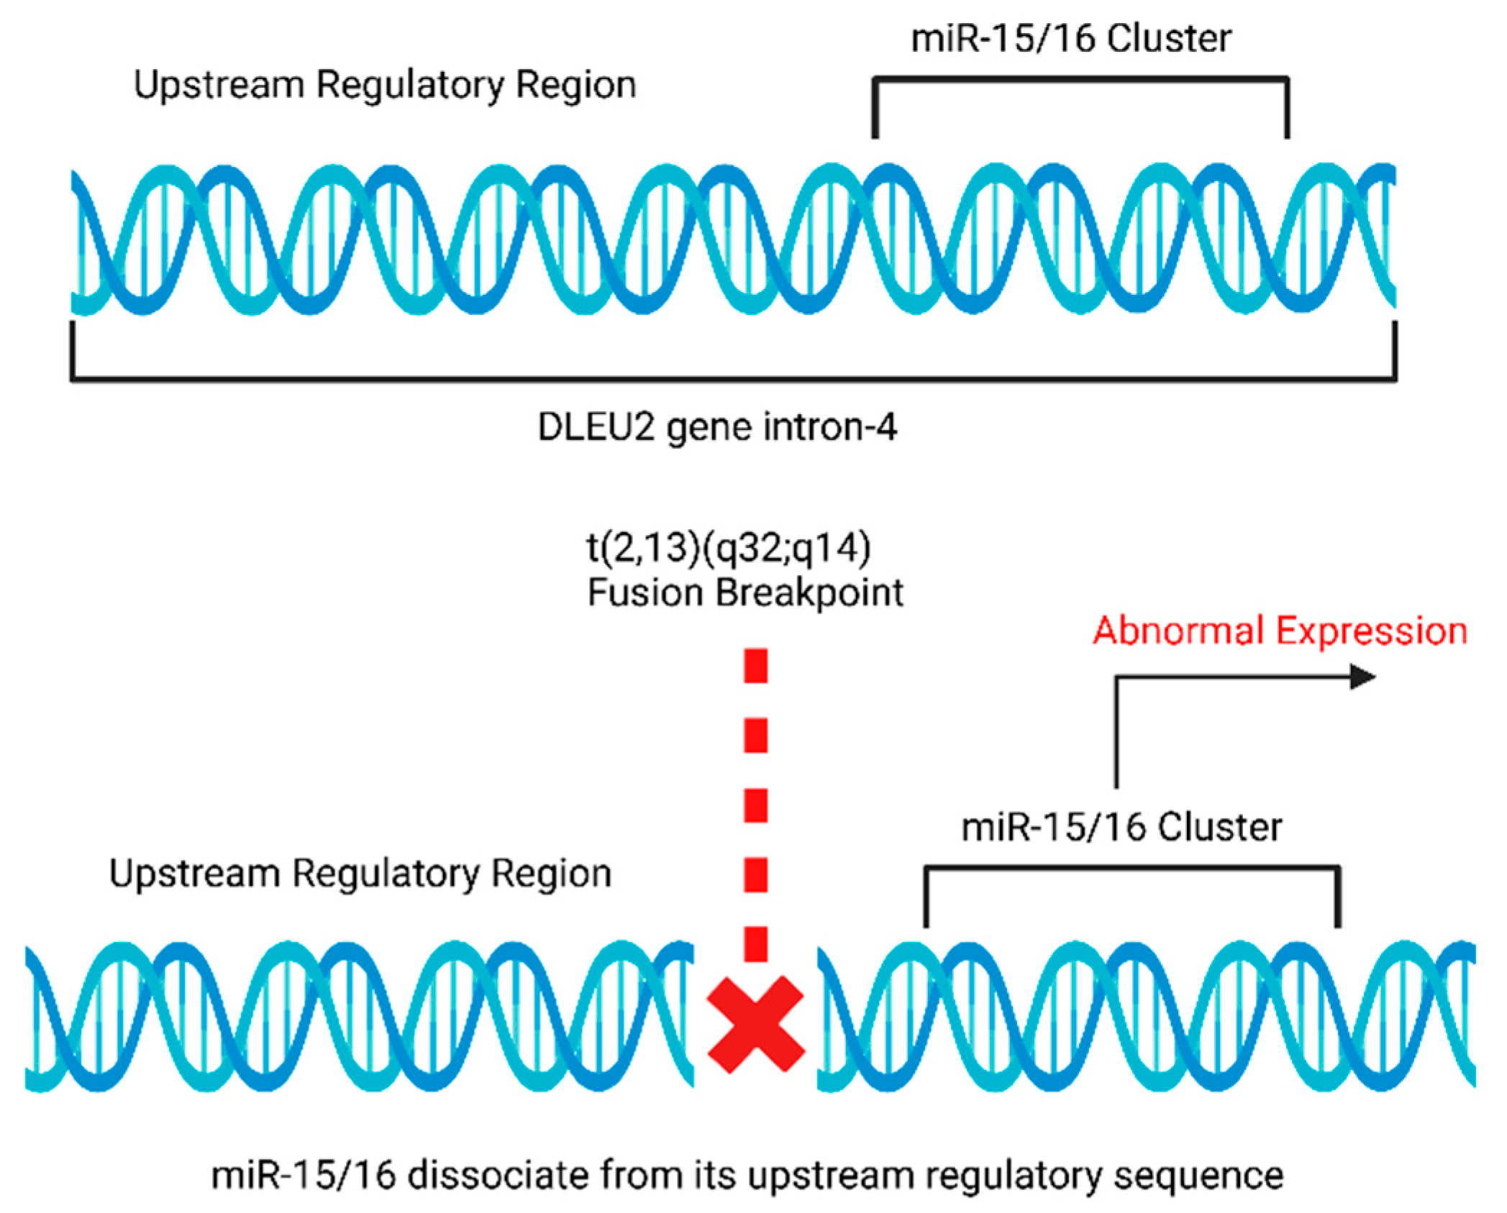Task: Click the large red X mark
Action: pos(755,1024)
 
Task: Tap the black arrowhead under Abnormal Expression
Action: pos(1362,677)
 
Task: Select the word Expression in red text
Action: pos(1371,631)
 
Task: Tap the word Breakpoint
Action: pos(809,593)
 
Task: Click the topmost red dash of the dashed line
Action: pos(755,666)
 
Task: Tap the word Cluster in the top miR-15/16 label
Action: pos(1169,39)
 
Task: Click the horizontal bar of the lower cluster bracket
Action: pos(1132,869)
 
